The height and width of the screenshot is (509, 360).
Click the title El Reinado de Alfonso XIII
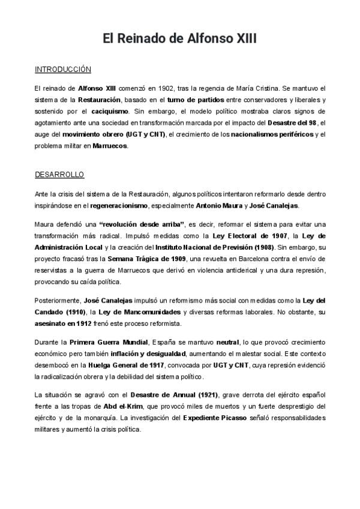[179, 39]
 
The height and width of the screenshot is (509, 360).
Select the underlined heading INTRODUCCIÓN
[62, 70]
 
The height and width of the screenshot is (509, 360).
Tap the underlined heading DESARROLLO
[59, 175]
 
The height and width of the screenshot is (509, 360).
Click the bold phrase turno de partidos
[194, 100]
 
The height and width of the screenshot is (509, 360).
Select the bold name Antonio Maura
[220, 205]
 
